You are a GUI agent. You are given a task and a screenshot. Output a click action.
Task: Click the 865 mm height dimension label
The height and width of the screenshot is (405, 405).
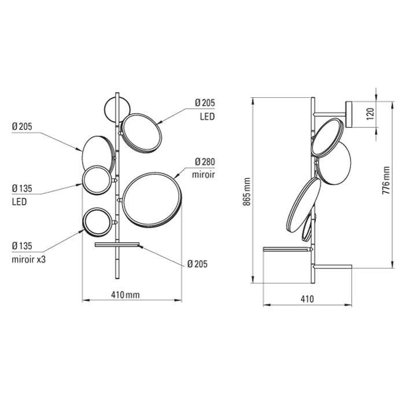pyautogui.click(x=247, y=192)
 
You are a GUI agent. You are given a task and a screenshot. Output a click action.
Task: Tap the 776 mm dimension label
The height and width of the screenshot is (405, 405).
pyautogui.click(x=386, y=181)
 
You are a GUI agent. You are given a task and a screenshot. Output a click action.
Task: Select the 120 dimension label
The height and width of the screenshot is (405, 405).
pyautogui.click(x=371, y=114)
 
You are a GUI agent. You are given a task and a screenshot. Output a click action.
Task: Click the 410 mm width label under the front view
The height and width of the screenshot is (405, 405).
pyautogui.click(x=126, y=294)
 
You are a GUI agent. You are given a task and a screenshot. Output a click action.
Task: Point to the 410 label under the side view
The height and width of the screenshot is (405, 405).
pyautogui.click(x=307, y=299)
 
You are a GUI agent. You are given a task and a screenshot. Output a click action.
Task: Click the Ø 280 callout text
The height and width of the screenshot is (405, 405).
pyautogui.click(x=205, y=161)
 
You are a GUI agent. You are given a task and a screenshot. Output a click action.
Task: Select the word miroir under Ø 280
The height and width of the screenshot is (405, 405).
pyautogui.click(x=203, y=175)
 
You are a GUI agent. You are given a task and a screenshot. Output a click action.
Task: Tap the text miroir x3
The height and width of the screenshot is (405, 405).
pyautogui.click(x=29, y=259)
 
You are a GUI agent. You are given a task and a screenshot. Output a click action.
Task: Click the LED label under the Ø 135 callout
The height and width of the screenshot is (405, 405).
pyautogui.click(x=19, y=201)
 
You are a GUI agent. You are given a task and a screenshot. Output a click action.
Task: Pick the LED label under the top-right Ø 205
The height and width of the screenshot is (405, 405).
pyautogui.click(x=207, y=116)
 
